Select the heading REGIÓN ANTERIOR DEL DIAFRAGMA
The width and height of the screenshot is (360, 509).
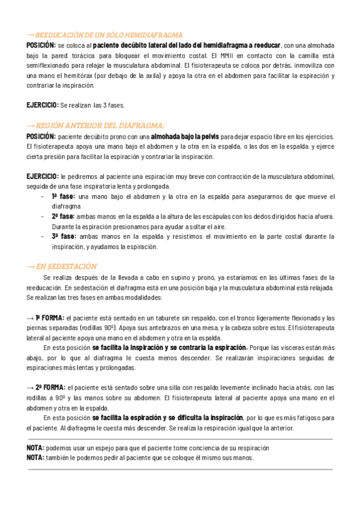[100, 126]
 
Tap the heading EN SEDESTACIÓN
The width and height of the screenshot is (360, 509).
[67, 267]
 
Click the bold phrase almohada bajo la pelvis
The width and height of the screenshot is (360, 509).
[185, 137]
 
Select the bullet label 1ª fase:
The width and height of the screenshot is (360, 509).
[63, 196]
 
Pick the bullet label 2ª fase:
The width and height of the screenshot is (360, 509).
[63, 216]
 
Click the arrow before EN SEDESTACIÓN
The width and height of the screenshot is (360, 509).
[31, 267]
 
